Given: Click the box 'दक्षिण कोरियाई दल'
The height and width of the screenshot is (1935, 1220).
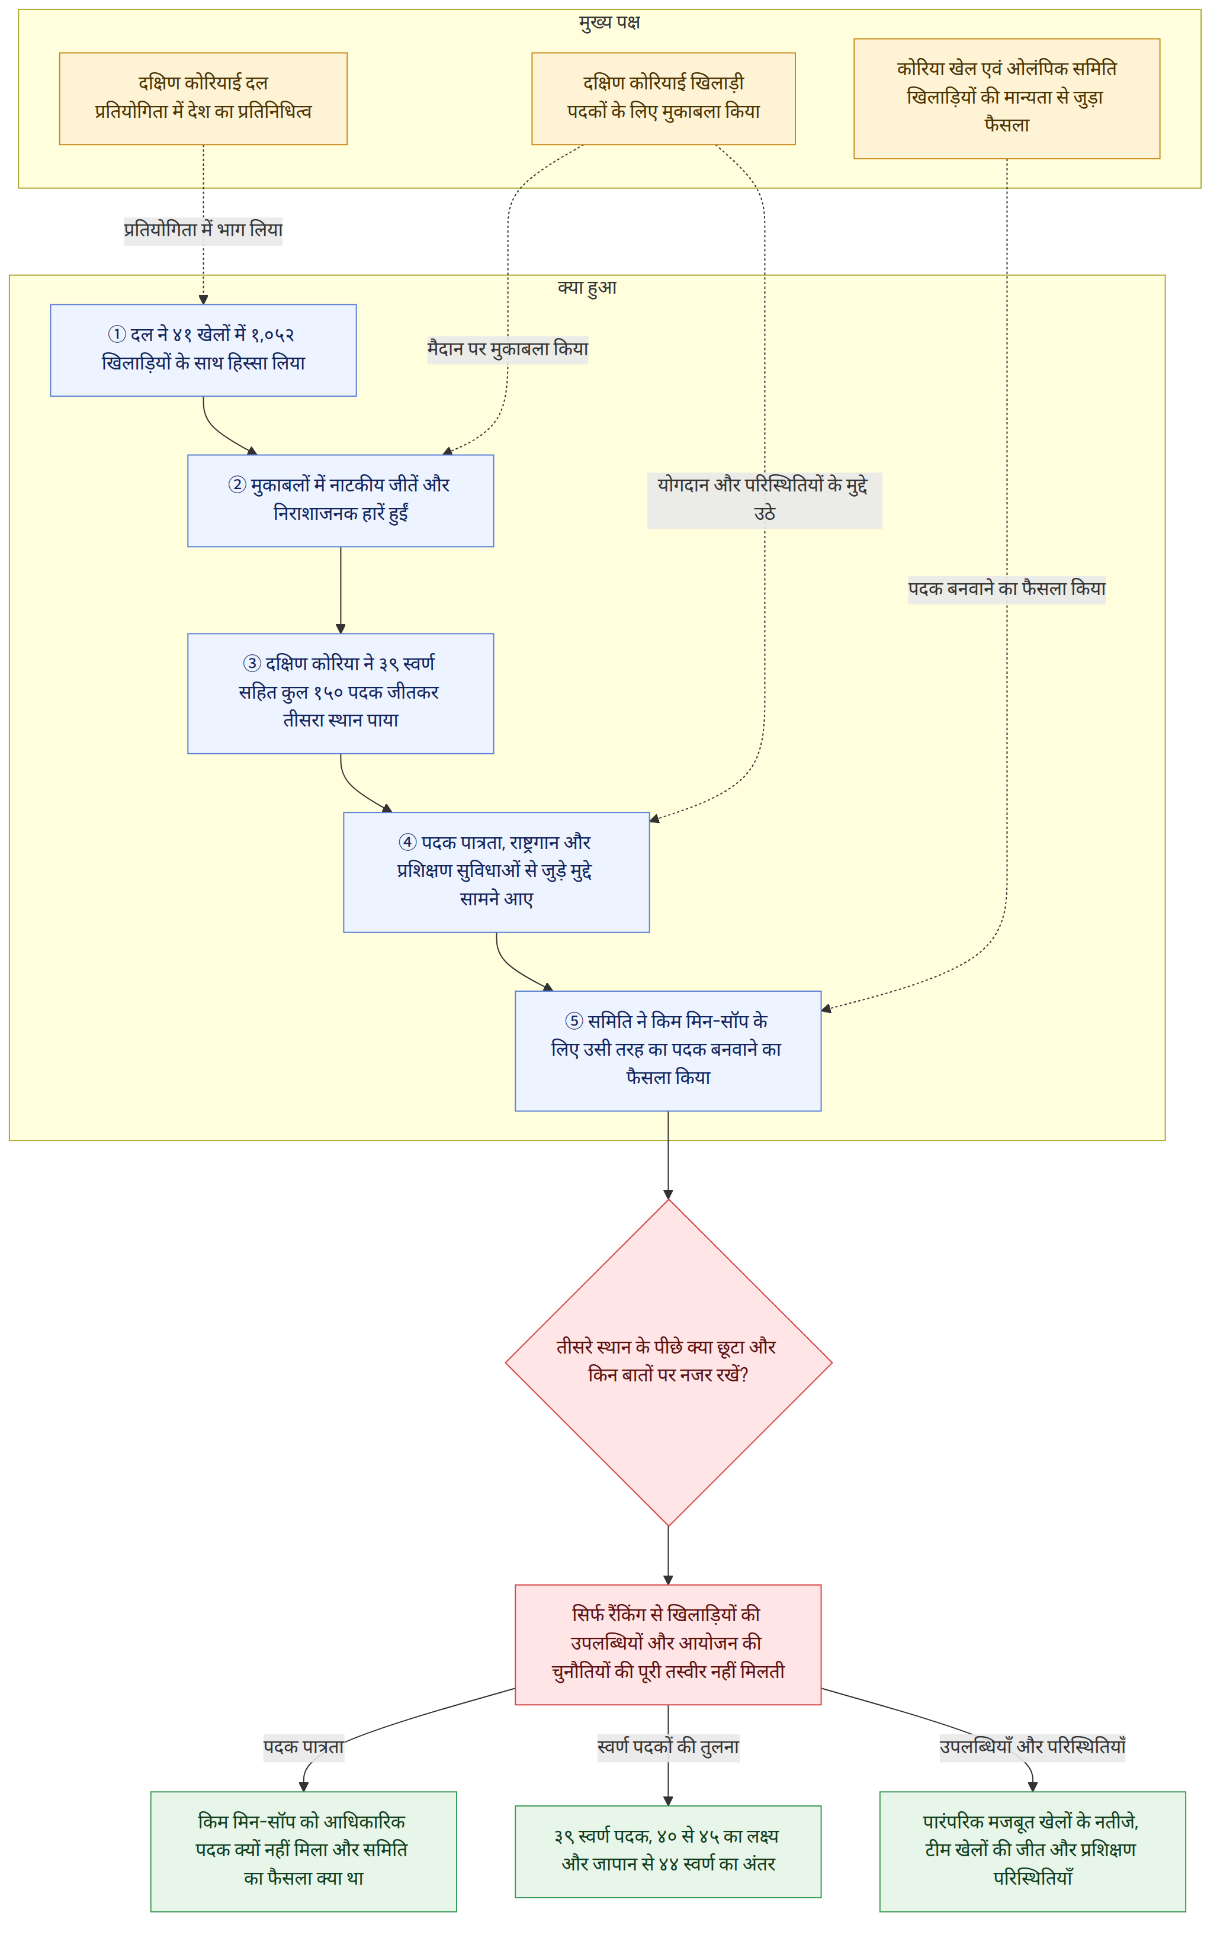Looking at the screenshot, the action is [203, 99].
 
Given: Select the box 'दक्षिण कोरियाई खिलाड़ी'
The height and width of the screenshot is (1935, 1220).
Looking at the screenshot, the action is [663, 99].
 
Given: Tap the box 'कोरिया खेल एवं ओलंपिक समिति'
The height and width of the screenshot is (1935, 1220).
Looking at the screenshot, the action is [1006, 98].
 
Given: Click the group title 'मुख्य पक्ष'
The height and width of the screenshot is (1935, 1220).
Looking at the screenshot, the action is [609, 22].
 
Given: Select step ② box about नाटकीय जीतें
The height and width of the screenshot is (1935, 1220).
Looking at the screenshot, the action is [341, 501].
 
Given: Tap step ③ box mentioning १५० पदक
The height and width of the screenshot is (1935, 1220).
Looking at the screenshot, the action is [341, 693].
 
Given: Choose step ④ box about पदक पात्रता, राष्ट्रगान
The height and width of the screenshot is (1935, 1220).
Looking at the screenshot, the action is [496, 872].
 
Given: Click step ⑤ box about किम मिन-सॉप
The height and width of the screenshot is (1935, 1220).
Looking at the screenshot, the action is [668, 1051].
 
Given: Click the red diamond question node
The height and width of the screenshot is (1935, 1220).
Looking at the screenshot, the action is [668, 1363].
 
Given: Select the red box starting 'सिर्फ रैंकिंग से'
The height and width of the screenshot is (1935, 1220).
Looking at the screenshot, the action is [668, 1644].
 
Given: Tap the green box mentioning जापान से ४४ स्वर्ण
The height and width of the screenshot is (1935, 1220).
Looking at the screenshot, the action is [668, 1852].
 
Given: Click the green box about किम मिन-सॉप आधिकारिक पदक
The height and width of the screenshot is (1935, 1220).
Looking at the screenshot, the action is [304, 1852].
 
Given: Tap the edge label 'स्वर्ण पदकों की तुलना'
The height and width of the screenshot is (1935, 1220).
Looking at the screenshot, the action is [668, 1747].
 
